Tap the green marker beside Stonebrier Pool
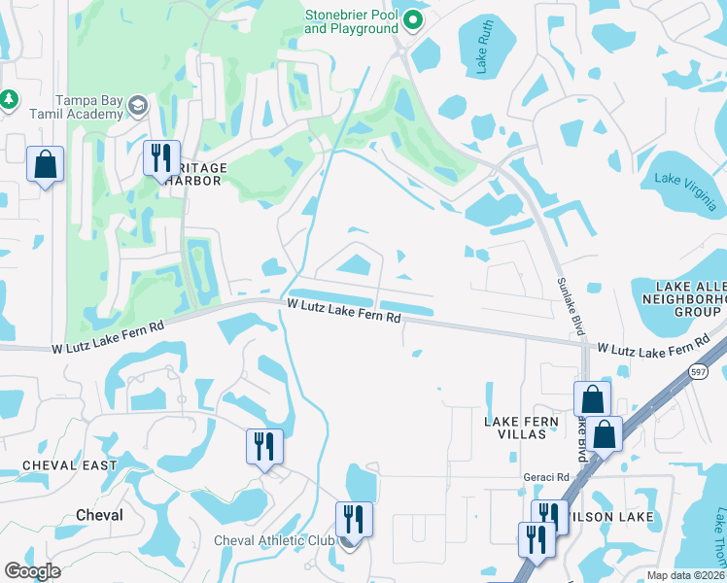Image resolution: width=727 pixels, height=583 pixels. (413, 19)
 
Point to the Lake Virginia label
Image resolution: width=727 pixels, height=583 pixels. (686, 190)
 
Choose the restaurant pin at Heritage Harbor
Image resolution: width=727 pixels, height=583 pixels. (161, 157)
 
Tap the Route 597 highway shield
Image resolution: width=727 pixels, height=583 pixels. (698, 370)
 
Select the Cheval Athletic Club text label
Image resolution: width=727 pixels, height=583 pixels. (273, 540)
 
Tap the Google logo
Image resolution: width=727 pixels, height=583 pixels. (32, 571)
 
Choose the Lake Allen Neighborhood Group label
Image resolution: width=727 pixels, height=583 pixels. (685, 298)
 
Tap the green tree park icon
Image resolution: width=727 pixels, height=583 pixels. (9, 99)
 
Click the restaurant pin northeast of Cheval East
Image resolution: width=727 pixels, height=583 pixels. (264, 447)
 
